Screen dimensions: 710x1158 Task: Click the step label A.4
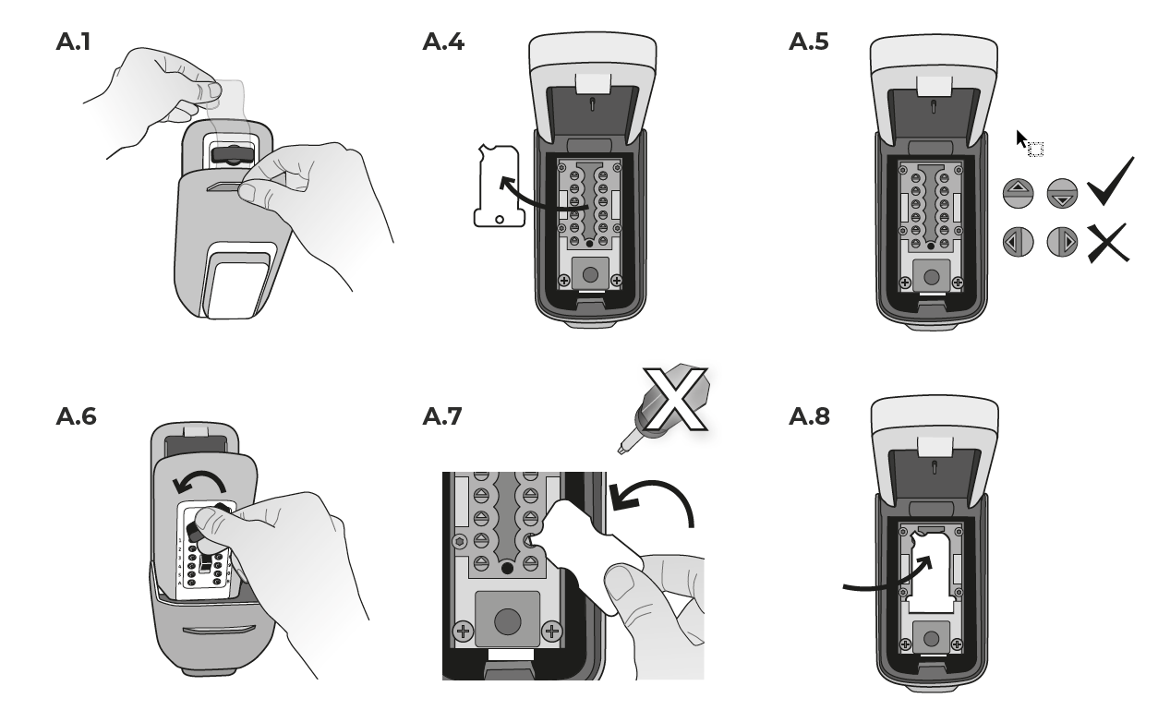pos(443,42)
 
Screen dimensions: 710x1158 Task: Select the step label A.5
pos(809,42)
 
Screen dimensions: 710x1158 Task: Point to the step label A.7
pos(442,416)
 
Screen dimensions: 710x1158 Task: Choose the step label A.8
pos(809,416)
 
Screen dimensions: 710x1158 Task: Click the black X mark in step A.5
pos(1106,242)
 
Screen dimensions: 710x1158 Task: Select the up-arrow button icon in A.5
pos(1018,193)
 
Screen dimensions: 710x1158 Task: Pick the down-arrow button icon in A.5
pos(1062,193)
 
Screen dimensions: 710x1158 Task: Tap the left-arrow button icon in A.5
pos(1018,242)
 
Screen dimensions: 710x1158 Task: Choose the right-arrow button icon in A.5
pos(1062,242)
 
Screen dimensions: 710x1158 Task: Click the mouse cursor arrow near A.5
pos(1022,139)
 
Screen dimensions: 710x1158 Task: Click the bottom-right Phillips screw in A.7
pos(551,632)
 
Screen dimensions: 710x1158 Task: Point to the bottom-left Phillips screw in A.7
pos(464,632)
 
